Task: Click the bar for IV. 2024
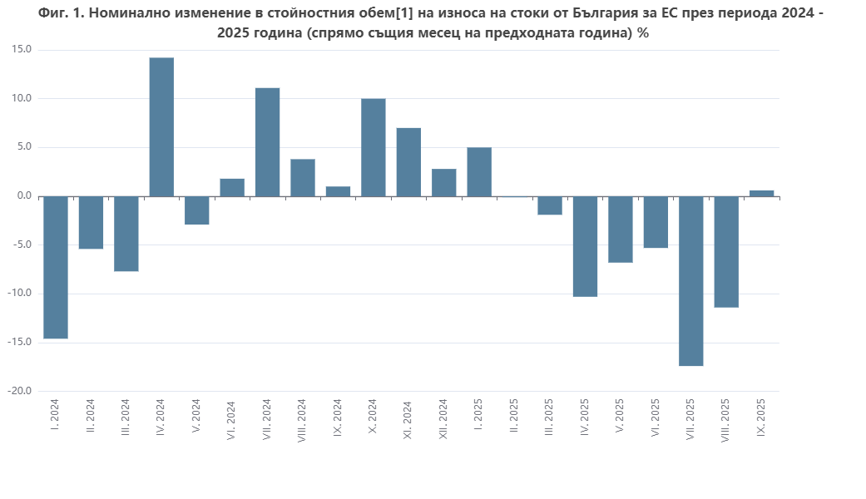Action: [161, 126]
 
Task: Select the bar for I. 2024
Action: [56, 267]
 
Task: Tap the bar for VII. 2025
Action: [691, 281]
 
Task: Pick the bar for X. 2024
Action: [374, 147]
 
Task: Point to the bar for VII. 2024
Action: [267, 141]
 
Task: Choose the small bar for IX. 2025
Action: [762, 193]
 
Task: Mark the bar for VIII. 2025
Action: [726, 252]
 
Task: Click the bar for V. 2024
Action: [197, 210]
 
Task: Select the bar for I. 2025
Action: [479, 171]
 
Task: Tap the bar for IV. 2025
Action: [585, 246]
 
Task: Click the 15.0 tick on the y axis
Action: [22, 50]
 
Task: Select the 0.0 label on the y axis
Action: [23, 196]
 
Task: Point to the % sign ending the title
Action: [643, 33]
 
